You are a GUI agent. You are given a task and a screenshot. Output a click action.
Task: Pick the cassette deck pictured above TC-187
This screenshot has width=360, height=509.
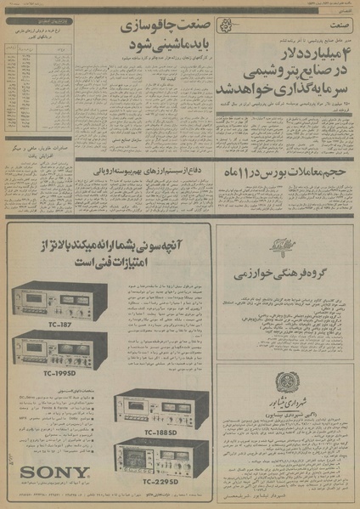[59, 299]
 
